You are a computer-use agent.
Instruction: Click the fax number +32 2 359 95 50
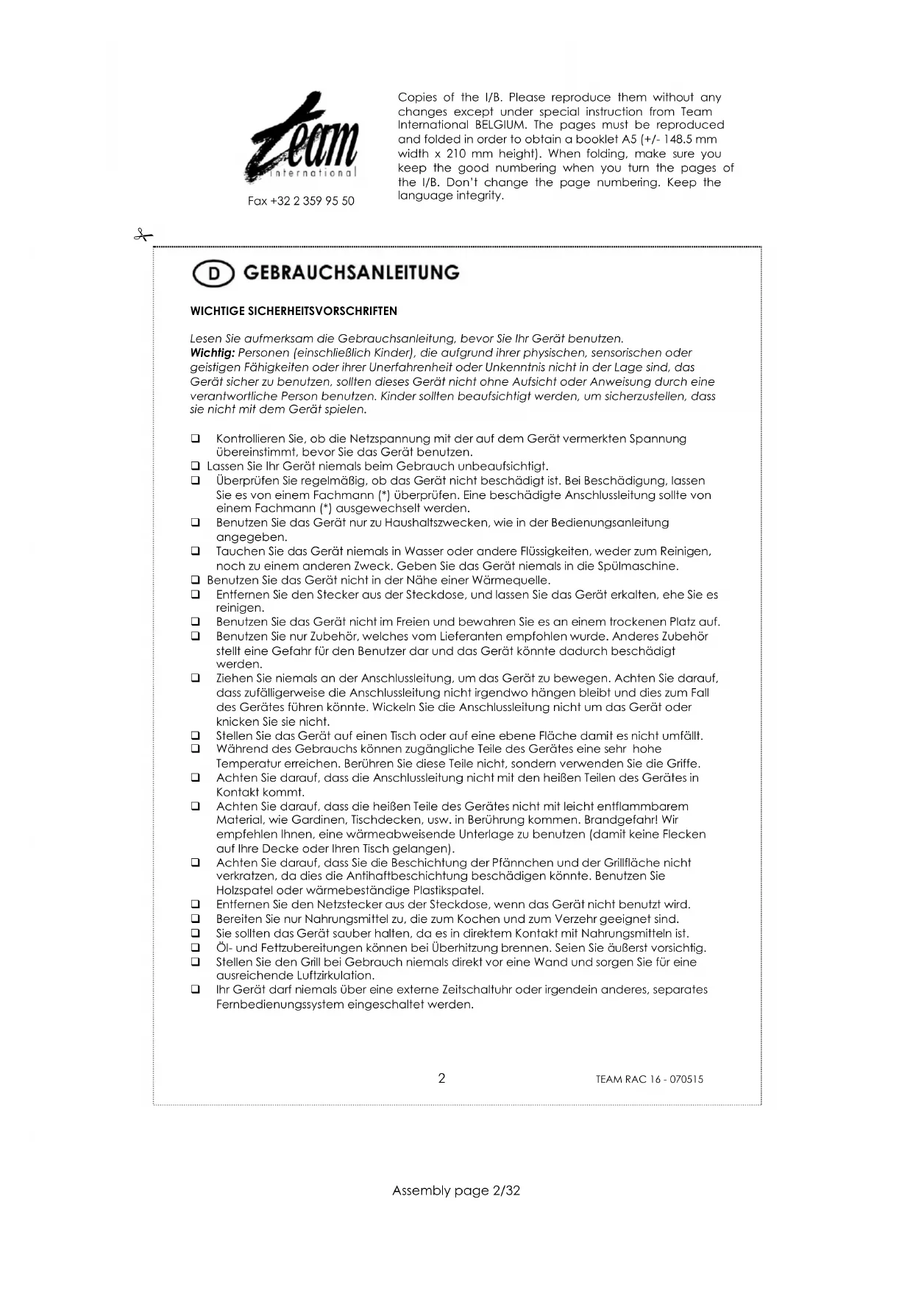pyautogui.click(x=301, y=201)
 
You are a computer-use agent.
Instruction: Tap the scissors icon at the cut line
pyautogui.click(x=143, y=236)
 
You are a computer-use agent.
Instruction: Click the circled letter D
pyautogui.click(x=213, y=274)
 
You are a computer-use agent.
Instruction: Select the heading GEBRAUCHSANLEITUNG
pyautogui.click(x=351, y=273)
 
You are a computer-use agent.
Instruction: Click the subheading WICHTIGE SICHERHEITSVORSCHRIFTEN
pyautogui.click(x=294, y=311)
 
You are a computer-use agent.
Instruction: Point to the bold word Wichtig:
pyautogui.click(x=212, y=353)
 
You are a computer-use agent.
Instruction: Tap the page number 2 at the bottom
pyautogui.click(x=441, y=1078)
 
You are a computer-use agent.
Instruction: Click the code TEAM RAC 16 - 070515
pyautogui.click(x=649, y=1080)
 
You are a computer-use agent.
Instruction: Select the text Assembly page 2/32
pyautogui.click(x=456, y=1190)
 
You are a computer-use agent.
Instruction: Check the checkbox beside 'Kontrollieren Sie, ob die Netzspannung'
pyautogui.click(x=196, y=439)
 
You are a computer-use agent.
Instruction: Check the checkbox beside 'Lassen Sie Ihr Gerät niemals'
pyautogui.click(x=196, y=467)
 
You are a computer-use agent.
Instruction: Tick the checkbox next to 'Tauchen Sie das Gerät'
pyautogui.click(x=196, y=551)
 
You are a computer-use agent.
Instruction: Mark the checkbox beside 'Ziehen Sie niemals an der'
pyautogui.click(x=196, y=679)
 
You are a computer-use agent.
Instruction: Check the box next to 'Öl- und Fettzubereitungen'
pyautogui.click(x=196, y=948)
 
